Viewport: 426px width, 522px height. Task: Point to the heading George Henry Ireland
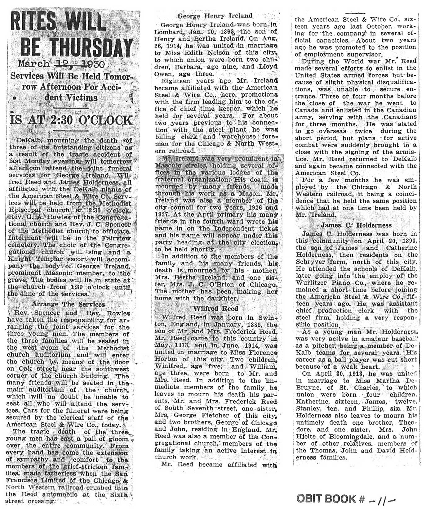tap(215, 16)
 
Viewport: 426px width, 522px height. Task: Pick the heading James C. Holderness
tap(356, 225)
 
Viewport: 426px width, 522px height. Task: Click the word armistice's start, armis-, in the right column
tap(406, 152)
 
